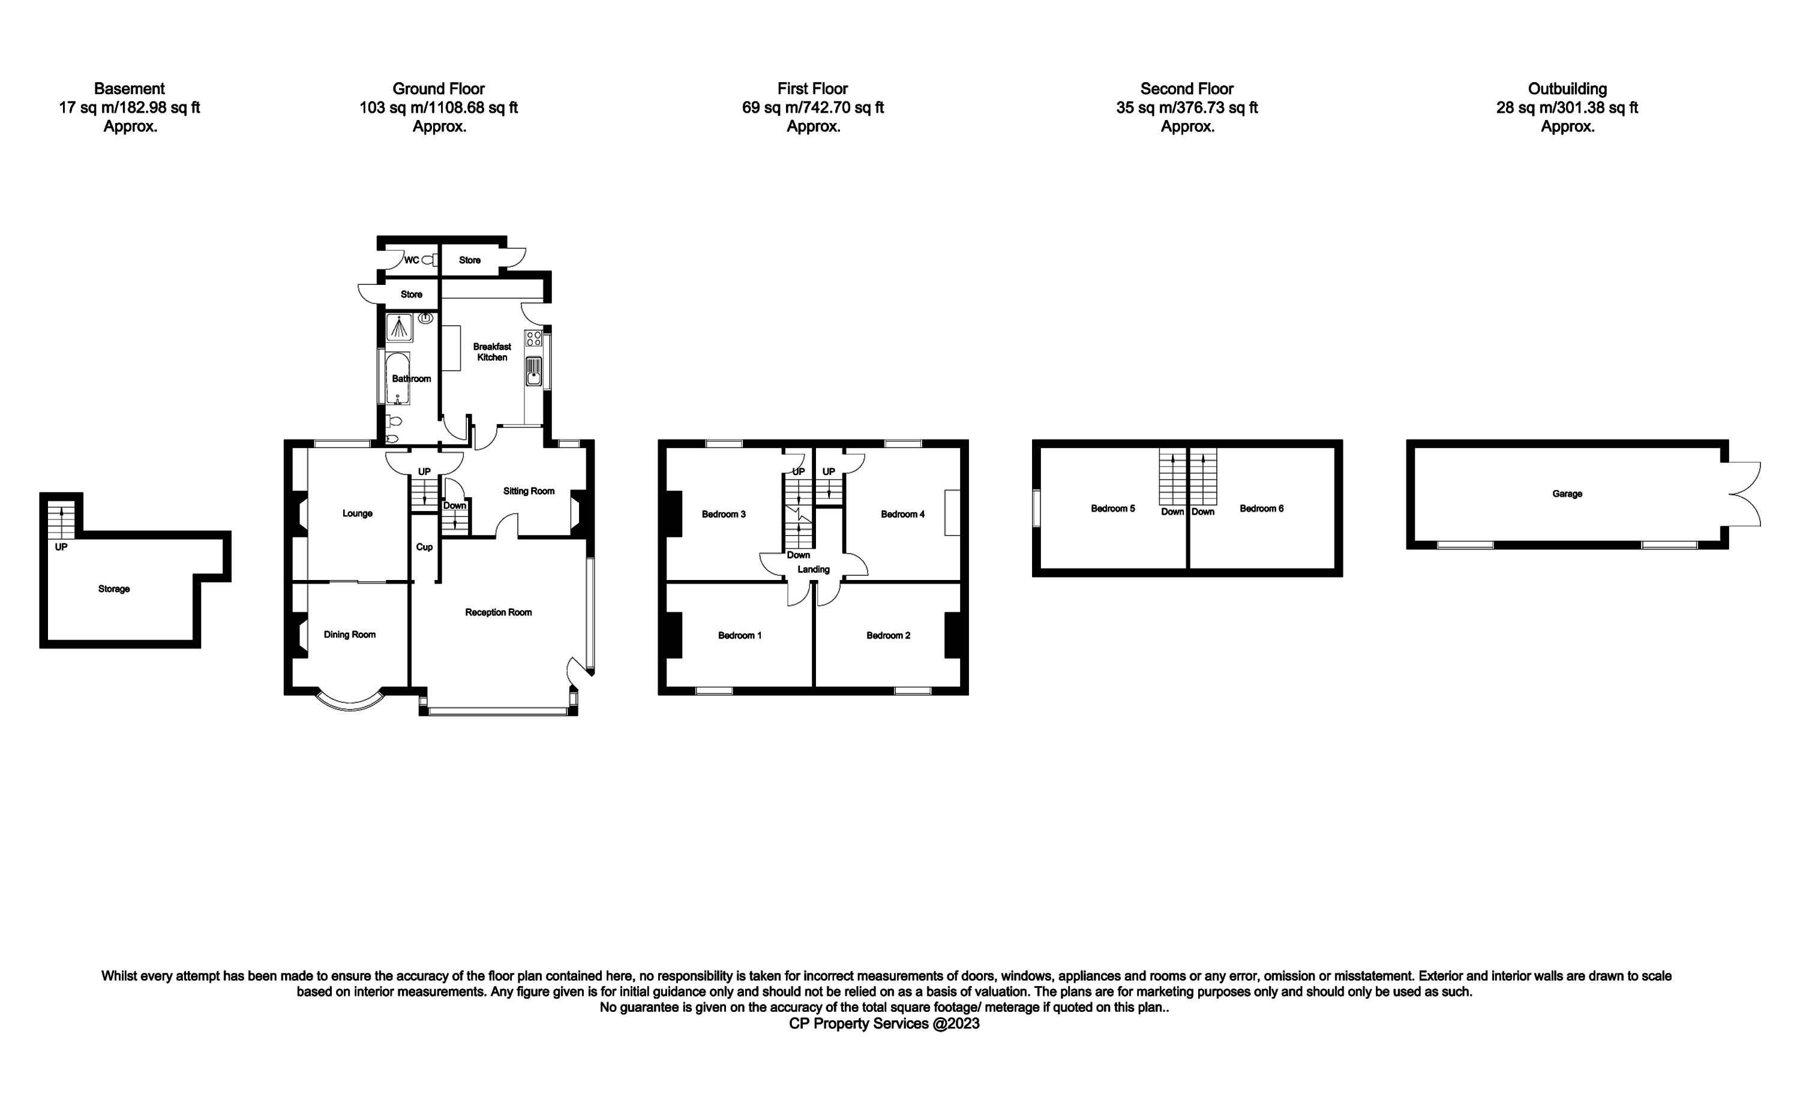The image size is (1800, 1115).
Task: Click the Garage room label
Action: tap(1566, 494)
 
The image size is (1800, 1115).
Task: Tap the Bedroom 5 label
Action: tap(1112, 508)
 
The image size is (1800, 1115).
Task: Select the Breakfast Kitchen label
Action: tap(492, 351)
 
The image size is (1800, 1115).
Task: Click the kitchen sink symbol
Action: tap(534, 372)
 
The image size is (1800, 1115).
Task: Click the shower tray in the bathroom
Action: tap(399, 327)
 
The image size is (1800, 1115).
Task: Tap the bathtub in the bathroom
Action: tap(398, 378)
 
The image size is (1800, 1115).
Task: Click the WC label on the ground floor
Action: tap(412, 260)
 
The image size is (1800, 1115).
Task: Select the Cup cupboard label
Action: tap(424, 547)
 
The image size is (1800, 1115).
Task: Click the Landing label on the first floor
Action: tap(813, 569)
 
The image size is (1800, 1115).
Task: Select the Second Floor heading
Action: tap(1186, 89)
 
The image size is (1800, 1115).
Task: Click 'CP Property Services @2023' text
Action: tap(884, 1024)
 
